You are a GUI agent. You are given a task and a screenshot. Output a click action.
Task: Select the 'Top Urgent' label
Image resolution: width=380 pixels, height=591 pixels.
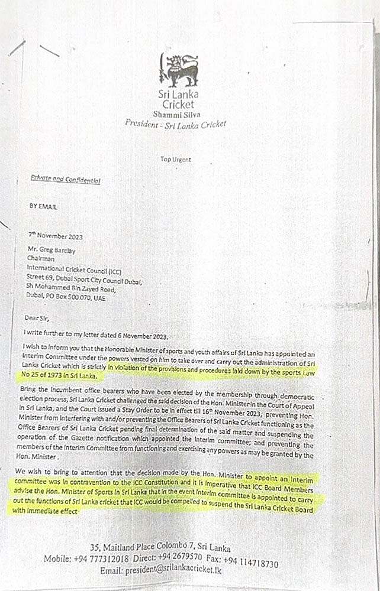176,159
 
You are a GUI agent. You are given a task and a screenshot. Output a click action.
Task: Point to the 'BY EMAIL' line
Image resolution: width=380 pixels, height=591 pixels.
44,207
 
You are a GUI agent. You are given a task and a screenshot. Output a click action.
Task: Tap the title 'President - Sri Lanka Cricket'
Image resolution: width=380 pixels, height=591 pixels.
175,124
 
